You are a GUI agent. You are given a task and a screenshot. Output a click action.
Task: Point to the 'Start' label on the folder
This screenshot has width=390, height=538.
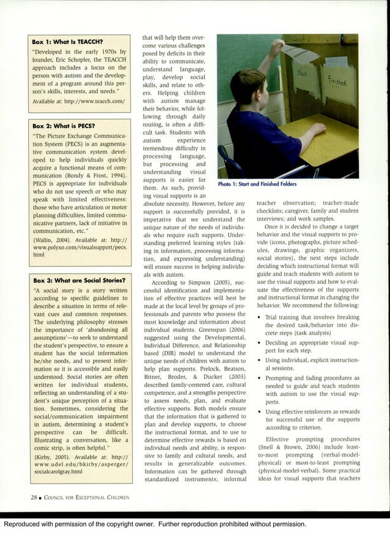point(301,74)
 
